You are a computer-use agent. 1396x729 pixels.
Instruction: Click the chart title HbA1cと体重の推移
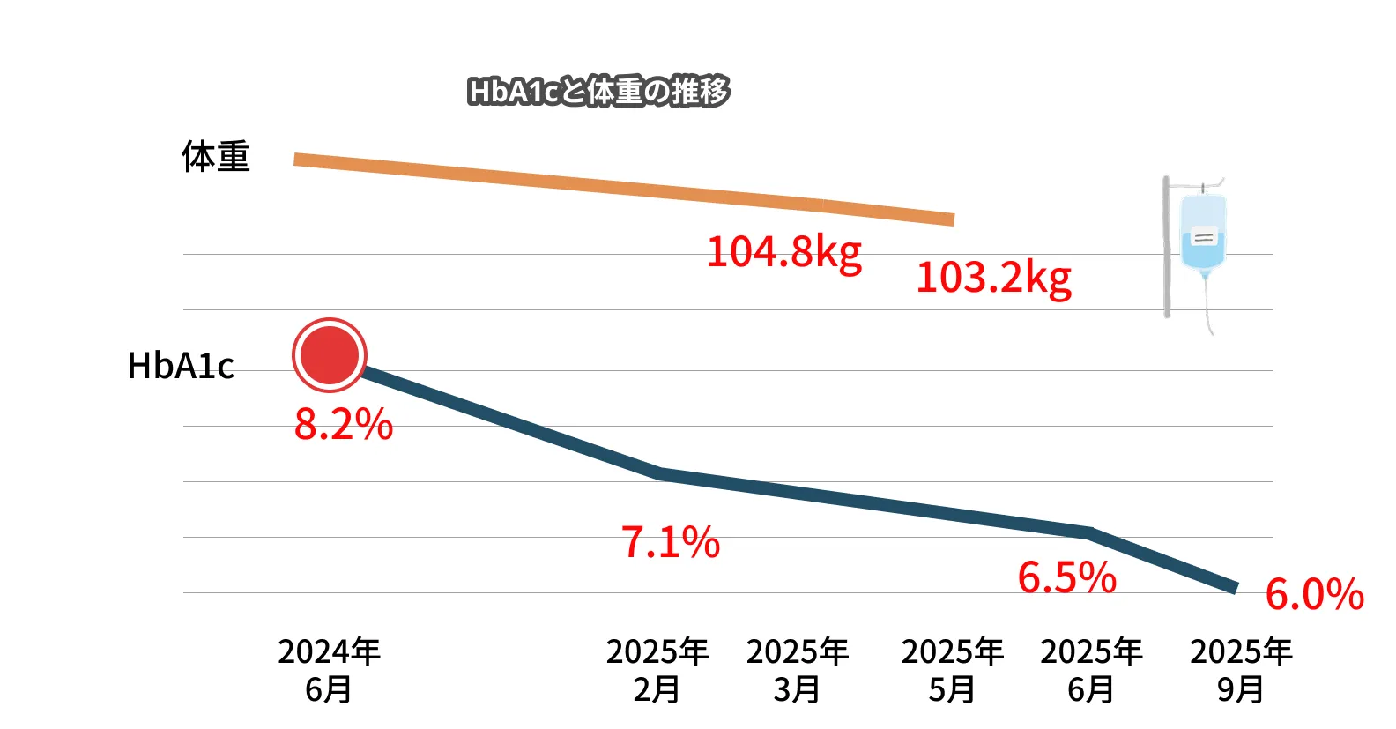tap(598, 92)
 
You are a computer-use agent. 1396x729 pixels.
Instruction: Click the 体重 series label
tap(216, 157)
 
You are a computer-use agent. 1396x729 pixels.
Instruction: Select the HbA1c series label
tap(181, 366)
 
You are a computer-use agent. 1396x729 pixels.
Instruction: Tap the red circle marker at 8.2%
tap(329, 354)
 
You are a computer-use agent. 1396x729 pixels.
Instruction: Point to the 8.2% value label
tap(344, 425)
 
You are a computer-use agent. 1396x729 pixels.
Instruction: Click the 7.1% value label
tap(671, 542)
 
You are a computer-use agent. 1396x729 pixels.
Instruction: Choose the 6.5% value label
tap(1067, 578)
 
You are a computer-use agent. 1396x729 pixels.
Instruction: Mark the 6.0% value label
tap(1314, 595)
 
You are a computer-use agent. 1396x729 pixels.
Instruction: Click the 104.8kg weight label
tap(784, 252)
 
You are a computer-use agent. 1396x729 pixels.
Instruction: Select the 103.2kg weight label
tap(994, 279)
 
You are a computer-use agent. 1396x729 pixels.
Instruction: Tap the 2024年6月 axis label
tap(329, 670)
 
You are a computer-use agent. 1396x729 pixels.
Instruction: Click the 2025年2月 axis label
tap(657, 670)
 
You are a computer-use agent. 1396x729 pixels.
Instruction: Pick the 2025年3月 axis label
tap(798, 670)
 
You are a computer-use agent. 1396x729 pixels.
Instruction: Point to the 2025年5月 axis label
tap(953, 670)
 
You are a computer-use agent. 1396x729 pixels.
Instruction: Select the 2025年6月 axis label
tap(1091, 670)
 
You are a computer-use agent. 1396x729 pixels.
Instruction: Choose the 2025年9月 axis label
tap(1241, 670)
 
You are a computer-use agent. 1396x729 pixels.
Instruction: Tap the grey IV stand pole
tap(1166, 247)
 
